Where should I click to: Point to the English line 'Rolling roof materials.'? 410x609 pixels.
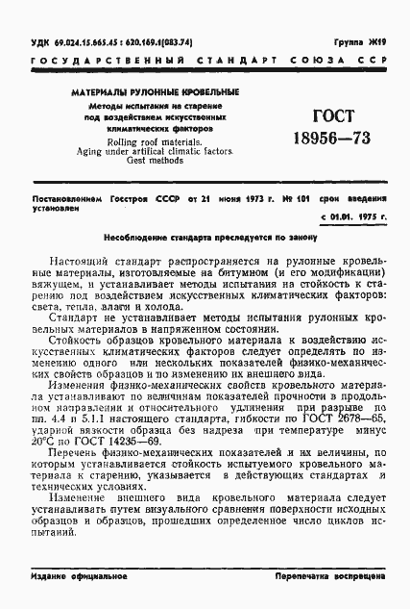[155, 142]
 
